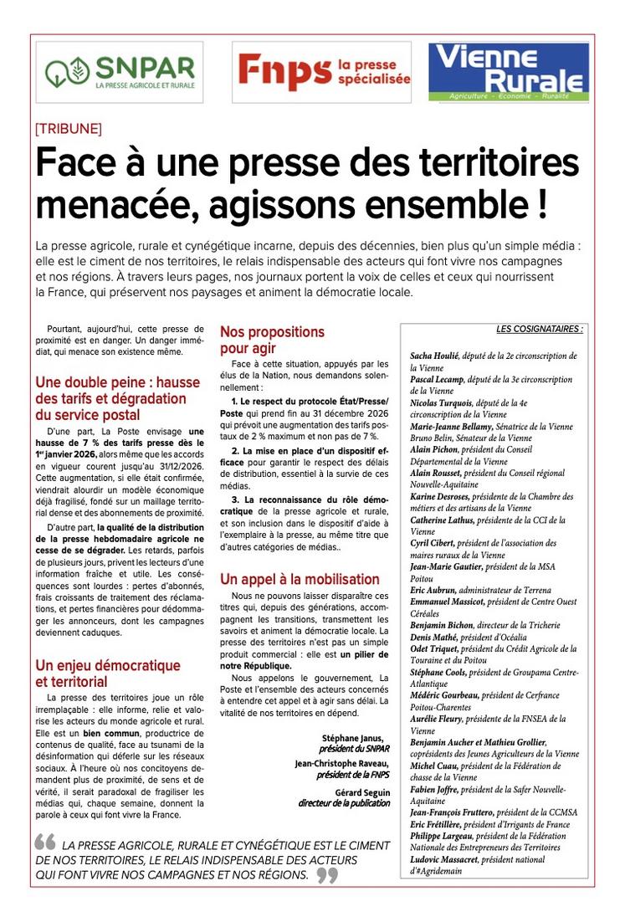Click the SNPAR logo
pyautogui.click(x=120, y=72)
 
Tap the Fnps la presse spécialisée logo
pyautogui.click(x=323, y=72)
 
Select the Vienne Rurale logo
pyautogui.click(x=509, y=72)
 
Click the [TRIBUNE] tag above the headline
pyautogui.click(x=69, y=129)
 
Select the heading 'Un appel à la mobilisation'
pyautogui.click(x=300, y=579)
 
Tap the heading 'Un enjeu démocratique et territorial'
pyautogui.click(x=108, y=674)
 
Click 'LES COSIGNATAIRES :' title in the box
pyautogui.click(x=540, y=330)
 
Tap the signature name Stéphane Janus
pyautogui.click(x=356, y=738)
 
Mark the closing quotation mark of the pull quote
pyautogui.click(x=327, y=875)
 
